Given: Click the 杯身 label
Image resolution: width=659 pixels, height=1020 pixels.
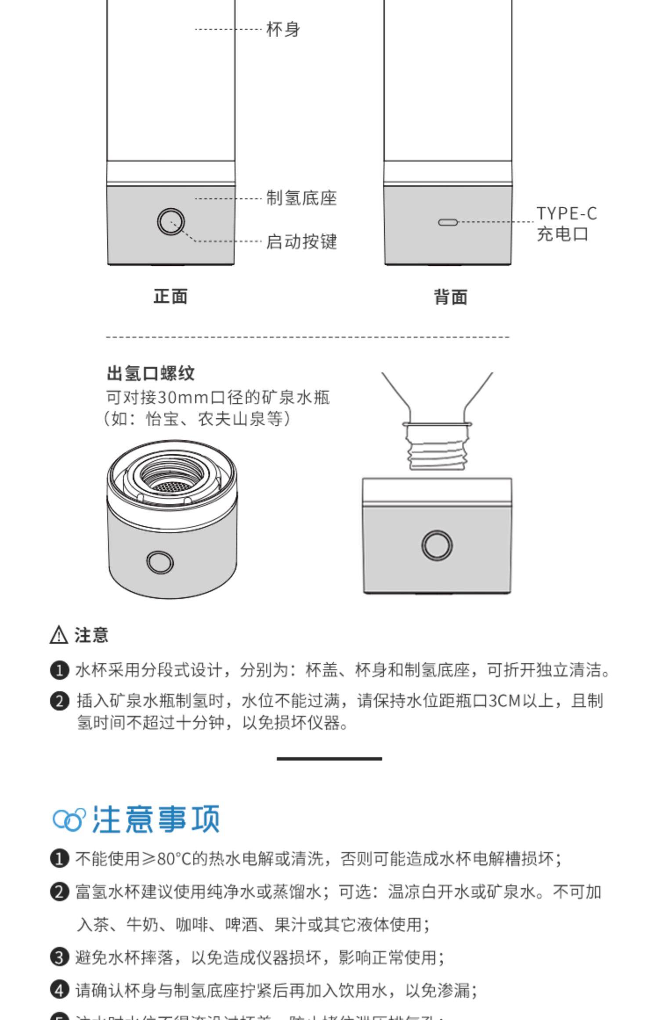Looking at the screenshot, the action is pyautogui.click(x=283, y=29).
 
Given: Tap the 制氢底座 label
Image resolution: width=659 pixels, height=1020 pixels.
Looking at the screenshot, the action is pyautogui.click(x=301, y=198).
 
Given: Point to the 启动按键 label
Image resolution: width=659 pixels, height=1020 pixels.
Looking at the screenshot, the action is pyautogui.click(x=301, y=242).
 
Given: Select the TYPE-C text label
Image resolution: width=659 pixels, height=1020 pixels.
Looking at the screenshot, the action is pyautogui.click(x=567, y=214).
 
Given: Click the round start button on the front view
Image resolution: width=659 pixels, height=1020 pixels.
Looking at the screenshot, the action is pyautogui.click(x=171, y=222).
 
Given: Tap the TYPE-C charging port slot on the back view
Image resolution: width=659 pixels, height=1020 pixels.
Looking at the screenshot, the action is pyautogui.click(x=448, y=222).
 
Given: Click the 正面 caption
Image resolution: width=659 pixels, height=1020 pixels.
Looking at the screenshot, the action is pyautogui.click(x=170, y=297).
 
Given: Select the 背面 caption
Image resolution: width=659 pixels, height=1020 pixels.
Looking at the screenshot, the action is pyautogui.click(x=451, y=297).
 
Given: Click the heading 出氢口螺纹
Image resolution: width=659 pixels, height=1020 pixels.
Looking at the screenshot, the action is pyautogui.click(x=151, y=373).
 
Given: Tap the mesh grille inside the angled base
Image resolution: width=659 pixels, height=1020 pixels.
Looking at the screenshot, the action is pyautogui.click(x=172, y=487).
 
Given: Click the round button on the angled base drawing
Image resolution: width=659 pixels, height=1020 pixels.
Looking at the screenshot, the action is pyautogui.click(x=159, y=562).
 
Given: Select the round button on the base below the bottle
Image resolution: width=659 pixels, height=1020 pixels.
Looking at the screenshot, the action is pyautogui.click(x=437, y=545).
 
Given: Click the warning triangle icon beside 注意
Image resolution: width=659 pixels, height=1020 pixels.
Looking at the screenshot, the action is pyautogui.click(x=59, y=635).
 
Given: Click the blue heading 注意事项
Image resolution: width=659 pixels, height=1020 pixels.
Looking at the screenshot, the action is pyautogui.click(x=156, y=820).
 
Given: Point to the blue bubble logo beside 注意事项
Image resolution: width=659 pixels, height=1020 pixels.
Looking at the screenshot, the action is pyautogui.click(x=69, y=820).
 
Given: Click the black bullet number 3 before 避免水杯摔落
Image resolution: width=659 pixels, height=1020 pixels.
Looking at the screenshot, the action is pyautogui.click(x=60, y=957).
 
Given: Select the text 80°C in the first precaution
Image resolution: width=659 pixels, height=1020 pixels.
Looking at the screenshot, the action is pyautogui.click(x=174, y=858).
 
